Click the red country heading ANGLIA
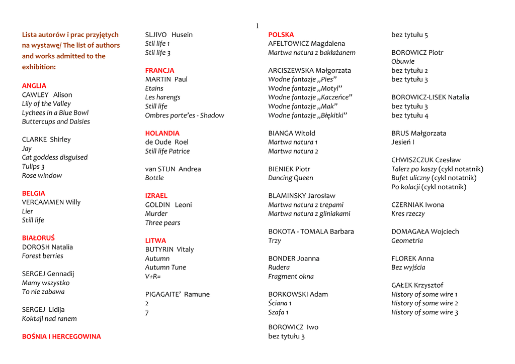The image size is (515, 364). click(34, 86)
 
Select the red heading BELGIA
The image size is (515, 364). click(33, 193)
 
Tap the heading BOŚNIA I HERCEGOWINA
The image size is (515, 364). click(61, 337)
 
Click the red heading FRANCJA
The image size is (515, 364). click(159, 71)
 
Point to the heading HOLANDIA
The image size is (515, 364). click(162, 134)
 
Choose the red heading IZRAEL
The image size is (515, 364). click(156, 196)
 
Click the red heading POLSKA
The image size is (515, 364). click(281, 35)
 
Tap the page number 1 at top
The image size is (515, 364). click(257, 26)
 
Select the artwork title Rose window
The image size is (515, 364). click(42, 176)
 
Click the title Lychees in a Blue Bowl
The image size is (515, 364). click(55, 113)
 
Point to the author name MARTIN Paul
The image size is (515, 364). click(166, 79)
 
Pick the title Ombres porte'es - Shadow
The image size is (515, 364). click(185, 115)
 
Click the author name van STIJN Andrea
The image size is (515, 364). click(173, 169)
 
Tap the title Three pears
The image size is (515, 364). click(162, 223)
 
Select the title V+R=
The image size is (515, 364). click(153, 277)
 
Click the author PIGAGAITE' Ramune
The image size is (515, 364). click(177, 294)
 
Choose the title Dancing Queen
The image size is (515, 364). click(290, 178)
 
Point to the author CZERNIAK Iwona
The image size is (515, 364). click(417, 205)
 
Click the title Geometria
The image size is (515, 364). click(407, 241)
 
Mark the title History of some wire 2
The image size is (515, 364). click(424, 303)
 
